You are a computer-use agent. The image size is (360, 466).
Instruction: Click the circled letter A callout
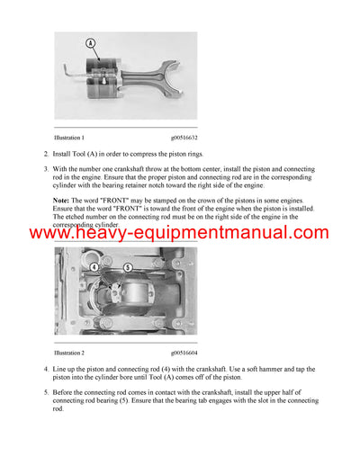(90, 42)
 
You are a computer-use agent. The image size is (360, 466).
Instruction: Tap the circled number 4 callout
(93, 265)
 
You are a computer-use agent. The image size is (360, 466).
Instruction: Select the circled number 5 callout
(127, 267)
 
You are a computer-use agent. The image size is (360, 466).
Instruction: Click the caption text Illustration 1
(69, 138)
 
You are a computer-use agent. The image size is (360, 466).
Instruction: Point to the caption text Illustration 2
(69, 354)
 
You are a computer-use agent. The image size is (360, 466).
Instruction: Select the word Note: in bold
(61, 199)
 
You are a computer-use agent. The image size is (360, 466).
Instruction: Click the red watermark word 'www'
(53, 232)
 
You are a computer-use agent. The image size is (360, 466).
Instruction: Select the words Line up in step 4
(64, 370)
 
